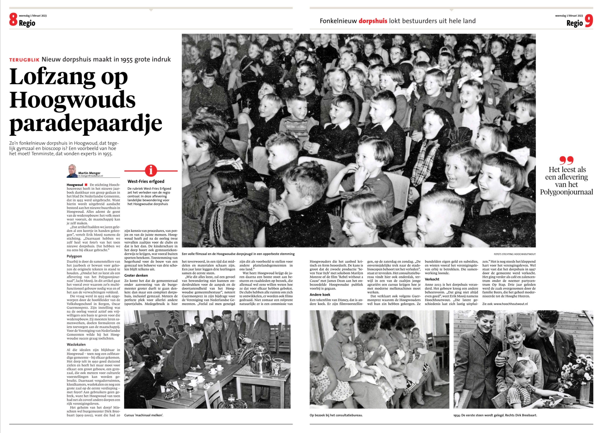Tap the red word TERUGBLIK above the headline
(x=24, y=60)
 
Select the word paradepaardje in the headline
(x=86, y=124)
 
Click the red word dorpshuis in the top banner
(x=373, y=21)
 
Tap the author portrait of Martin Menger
(x=72, y=171)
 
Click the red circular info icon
(x=151, y=171)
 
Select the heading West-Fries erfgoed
(x=146, y=181)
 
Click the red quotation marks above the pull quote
(x=566, y=160)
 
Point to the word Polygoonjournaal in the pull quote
(x=567, y=192)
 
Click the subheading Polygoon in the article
(x=74, y=256)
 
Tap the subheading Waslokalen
(x=76, y=344)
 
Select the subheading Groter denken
(x=136, y=275)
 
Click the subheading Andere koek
(x=320, y=294)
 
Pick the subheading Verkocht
(x=432, y=279)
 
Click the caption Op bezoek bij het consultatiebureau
(x=336, y=415)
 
